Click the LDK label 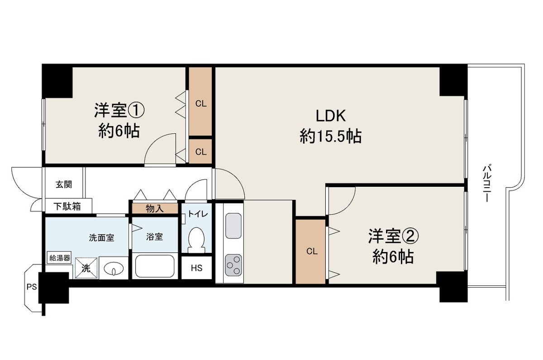pyautogui.click(x=331, y=116)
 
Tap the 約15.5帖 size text pyautogui.click(x=331, y=137)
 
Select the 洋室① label pyautogui.click(x=119, y=110)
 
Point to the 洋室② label pyautogui.click(x=393, y=236)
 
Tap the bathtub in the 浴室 pyautogui.click(x=155, y=266)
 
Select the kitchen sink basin pyautogui.click(x=233, y=226)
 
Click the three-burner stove pyautogui.click(x=233, y=265)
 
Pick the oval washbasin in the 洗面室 pyautogui.click(x=114, y=269)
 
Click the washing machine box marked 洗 pyautogui.click(x=86, y=268)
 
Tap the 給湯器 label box pyautogui.click(x=60, y=258)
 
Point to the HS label pyautogui.click(x=196, y=268)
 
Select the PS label pyautogui.click(x=32, y=287)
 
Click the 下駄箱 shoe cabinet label pyautogui.click(x=67, y=206)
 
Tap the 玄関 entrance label pyautogui.click(x=64, y=185)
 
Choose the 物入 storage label pyautogui.click(x=155, y=208)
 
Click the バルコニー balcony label pyautogui.click(x=487, y=183)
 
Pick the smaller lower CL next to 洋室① pyautogui.click(x=201, y=152)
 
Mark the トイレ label pyautogui.click(x=198, y=214)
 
